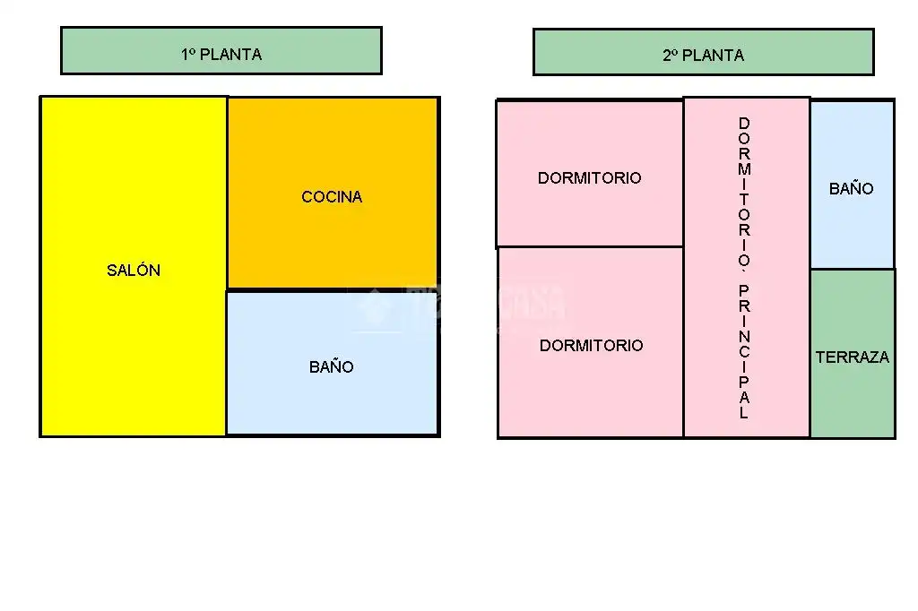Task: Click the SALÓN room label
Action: [x=134, y=270]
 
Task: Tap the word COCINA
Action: [x=332, y=196]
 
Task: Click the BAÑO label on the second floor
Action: [x=852, y=188]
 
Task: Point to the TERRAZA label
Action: [x=853, y=357]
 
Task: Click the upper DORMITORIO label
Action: [x=590, y=178]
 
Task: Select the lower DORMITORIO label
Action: [x=592, y=345]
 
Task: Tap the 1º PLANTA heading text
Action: [x=221, y=55]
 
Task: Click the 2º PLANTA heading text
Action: [x=703, y=55]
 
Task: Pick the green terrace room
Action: [x=853, y=354]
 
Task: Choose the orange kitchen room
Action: [x=333, y=193]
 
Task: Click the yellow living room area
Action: [x=134, y=266]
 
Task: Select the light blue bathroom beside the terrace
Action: [x=853, y=185]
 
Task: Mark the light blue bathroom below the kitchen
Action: [x=333, y=363]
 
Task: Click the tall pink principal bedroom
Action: [x=747, y=268]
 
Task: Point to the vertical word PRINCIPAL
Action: [x=744, y=352]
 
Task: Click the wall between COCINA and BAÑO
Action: [x=333, y=289]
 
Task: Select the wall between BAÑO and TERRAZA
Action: [x=853, y=269]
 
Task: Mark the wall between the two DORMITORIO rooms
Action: [x=590, y=247]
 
